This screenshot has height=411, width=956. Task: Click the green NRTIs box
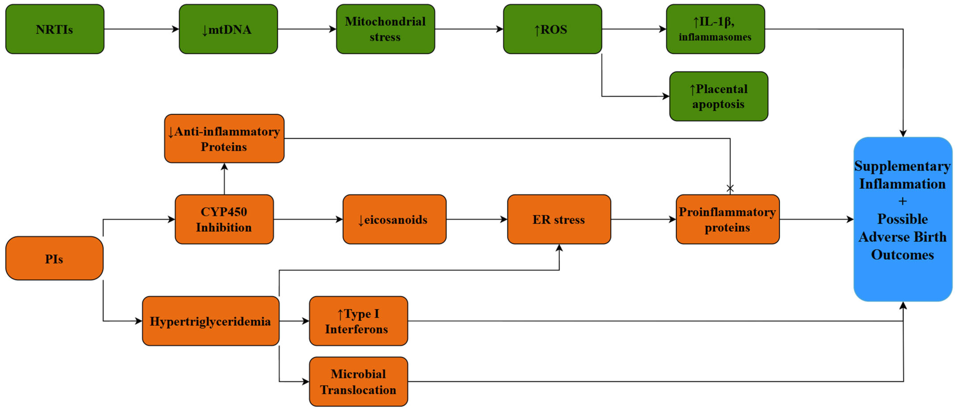click(x=54, y=29)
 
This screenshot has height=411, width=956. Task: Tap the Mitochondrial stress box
click(x=385, y=29)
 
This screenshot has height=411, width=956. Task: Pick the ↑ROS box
click(x=552, y=29)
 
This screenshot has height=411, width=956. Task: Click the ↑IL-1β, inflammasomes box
click(x=715, y=29)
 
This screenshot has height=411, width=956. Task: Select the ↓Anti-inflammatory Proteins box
click(x=224, y=139)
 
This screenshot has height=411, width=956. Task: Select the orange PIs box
click(x=54, y=258)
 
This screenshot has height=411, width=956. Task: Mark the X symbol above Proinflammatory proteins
click(x=730, y=188)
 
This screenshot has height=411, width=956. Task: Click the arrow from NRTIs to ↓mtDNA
click(x=141, y=29)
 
